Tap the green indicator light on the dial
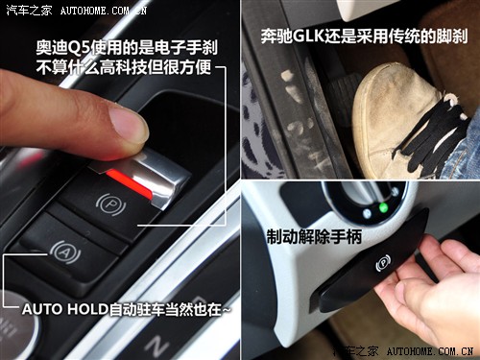point(384,206)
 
